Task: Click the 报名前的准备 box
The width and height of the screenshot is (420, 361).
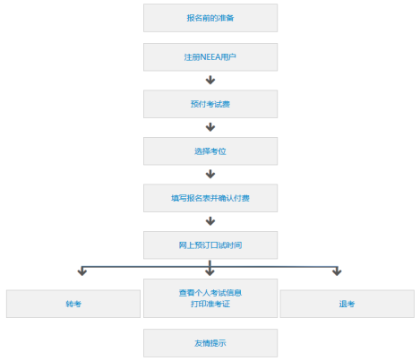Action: tap(210, 18)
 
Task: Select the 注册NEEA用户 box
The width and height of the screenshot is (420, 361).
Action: tap(210, 57)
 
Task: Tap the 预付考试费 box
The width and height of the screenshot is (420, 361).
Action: tap(210, 104)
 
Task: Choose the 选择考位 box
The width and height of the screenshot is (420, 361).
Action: tap(210, 151)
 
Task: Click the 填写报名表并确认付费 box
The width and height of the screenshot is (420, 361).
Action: tap(210, 198)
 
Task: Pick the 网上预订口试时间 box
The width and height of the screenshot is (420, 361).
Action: tap(210, 245)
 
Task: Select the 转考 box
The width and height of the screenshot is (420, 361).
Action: tap(73, 304)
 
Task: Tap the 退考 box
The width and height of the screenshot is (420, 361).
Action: tap(347, 304)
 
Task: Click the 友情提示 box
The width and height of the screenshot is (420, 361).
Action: tap(210, 343)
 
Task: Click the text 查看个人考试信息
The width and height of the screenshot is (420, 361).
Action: tap(210, 293)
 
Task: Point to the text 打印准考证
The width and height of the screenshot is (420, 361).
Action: tap(210, 304)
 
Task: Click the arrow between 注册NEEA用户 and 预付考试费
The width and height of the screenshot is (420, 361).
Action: tap(210, 80)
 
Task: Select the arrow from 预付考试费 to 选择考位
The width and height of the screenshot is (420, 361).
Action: tap(210, 127)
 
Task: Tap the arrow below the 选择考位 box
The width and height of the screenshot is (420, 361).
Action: tap(210, 174)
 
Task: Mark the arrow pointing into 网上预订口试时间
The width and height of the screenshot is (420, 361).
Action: tap(210, 221)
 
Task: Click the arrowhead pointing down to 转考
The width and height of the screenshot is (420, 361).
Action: tap(82, 271)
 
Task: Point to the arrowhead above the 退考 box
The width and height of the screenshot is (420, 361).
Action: tap(337, 271)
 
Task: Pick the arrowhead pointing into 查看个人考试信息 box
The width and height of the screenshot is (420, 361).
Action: tap(210, 271)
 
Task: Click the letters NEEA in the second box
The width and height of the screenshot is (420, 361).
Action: tap(210, 57)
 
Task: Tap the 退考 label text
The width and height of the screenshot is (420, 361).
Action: tap(347, 304)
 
